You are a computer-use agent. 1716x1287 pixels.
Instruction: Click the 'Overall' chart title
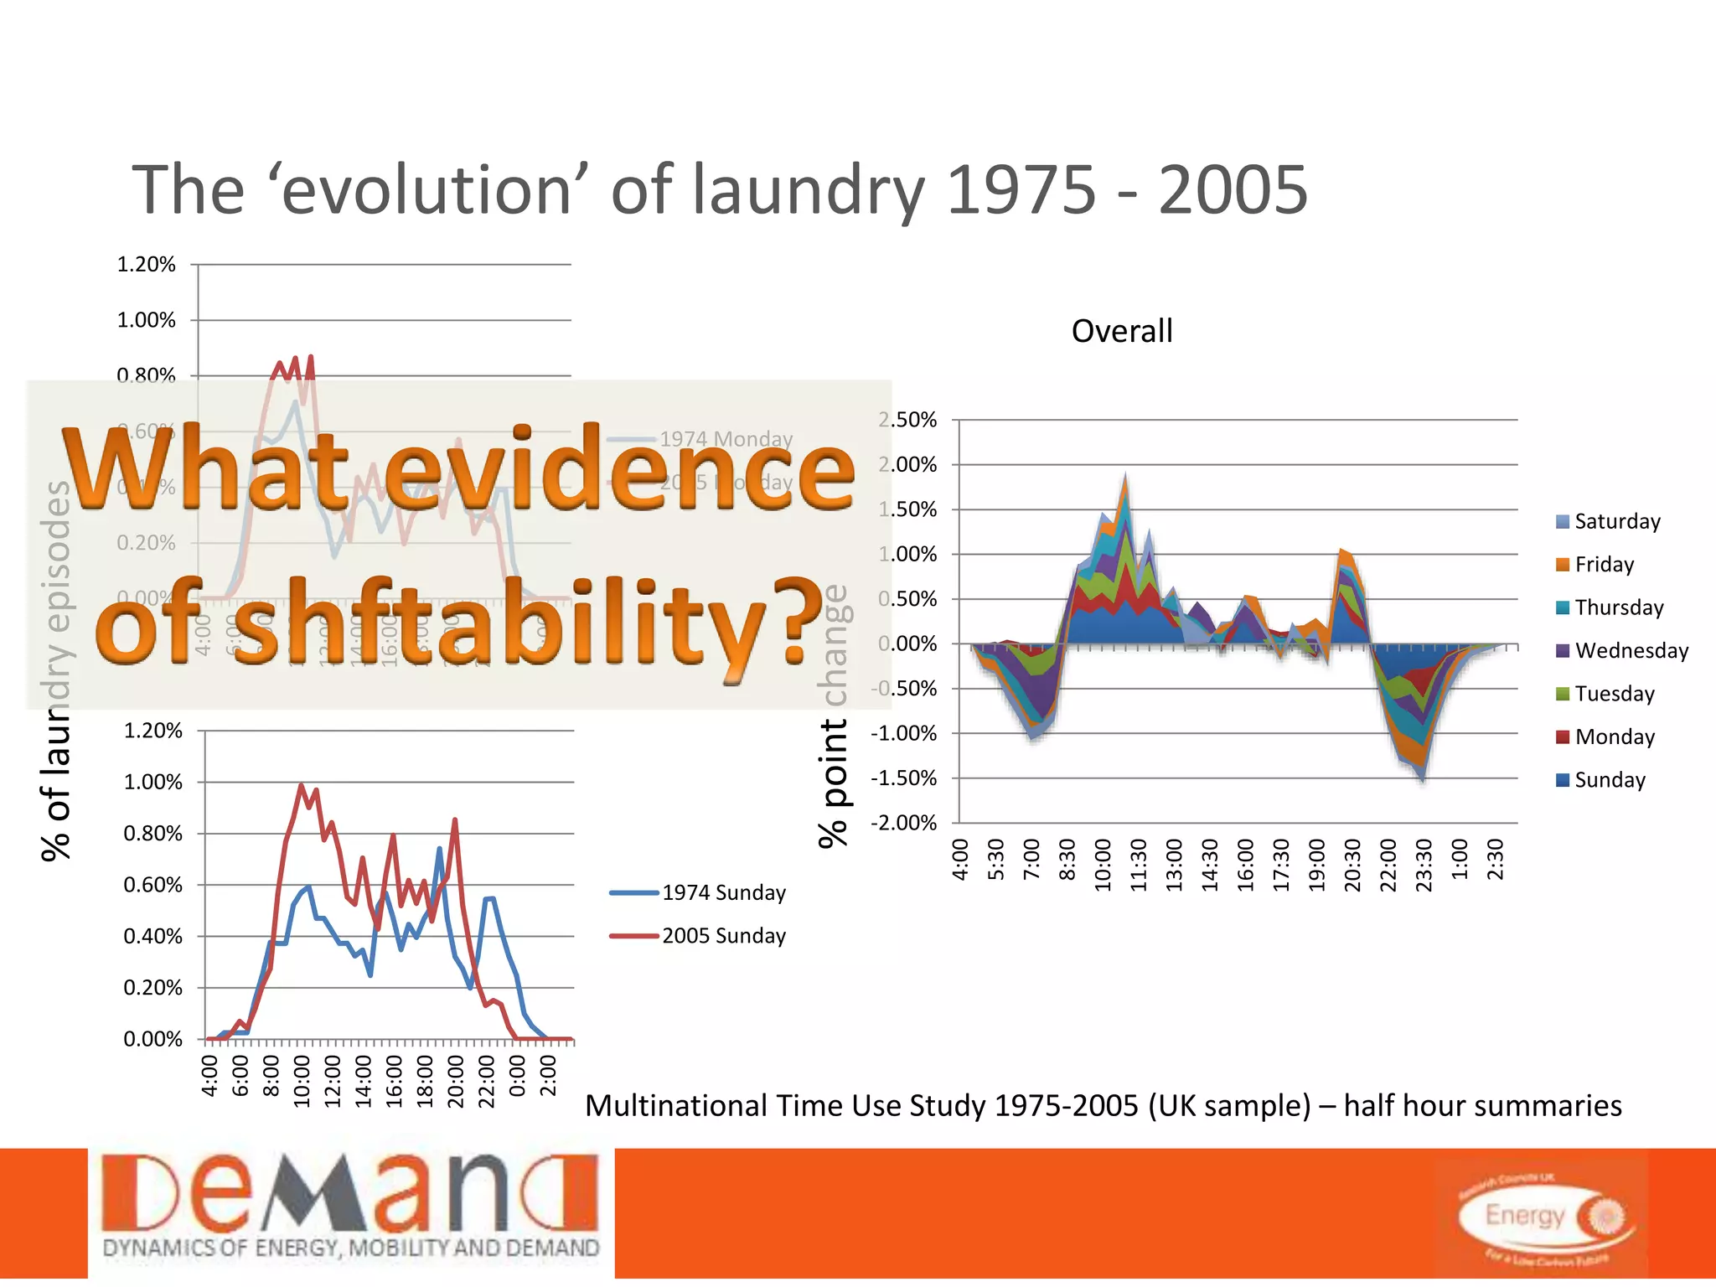click(1122, 331)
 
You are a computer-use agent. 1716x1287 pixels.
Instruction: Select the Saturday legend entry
click(1608, 521)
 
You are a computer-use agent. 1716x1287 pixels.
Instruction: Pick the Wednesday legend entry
click(1622, 650)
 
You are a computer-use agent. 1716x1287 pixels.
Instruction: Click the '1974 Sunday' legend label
click(723, 892)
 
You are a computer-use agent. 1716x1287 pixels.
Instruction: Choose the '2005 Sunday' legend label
click(723, 936)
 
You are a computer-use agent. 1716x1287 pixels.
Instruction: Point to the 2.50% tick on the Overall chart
click(907, 420)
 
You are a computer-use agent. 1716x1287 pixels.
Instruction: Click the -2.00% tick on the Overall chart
click(903, 823)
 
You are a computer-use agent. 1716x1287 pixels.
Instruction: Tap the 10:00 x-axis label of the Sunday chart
click(302, 1082)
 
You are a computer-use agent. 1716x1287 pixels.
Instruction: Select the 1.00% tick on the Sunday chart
click(152, 782)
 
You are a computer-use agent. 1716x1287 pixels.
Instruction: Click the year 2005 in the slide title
click(1233, 190)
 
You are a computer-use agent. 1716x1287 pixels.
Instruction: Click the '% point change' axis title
click(833, 716)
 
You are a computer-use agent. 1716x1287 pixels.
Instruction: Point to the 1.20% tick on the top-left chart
click(146, 265)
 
